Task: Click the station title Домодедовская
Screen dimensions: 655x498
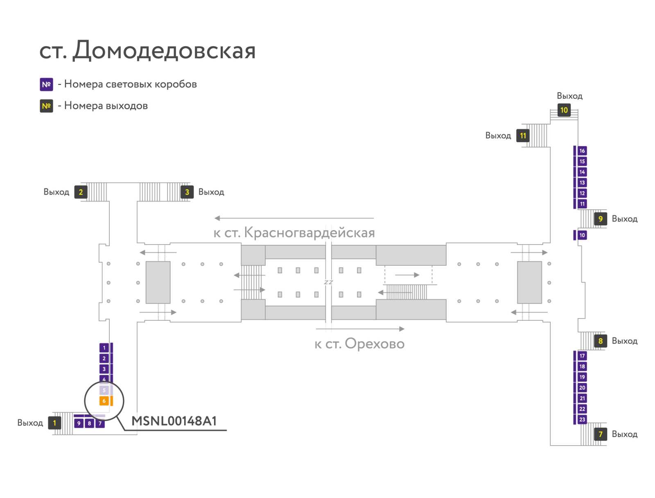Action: [x=147, y=50]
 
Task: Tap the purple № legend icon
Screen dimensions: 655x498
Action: [x=46, y=84]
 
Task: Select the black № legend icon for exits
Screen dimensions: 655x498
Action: [x=46, y=106]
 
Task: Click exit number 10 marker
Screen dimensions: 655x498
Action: [x=564, y=110]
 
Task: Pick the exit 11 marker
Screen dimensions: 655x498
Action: [x=522, y=136]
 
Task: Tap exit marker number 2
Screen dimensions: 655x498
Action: [x=81, y=192]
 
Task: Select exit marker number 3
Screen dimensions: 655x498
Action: [x=187, y=192]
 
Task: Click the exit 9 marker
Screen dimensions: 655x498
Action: [x=600, y=219]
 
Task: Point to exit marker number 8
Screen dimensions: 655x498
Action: [x=600, y=341]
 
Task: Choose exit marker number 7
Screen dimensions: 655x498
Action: [x=600, y=434]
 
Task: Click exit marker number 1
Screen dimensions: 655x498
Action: [x=54, y=423]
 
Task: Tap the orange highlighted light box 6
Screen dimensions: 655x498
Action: [x=104, y=401]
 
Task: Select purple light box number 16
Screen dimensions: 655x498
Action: [x=582, y=151]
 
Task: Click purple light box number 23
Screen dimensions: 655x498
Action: [x=582, y=419]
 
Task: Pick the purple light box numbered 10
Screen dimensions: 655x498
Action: [x=582, y=235]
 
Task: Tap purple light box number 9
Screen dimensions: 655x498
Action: [x=79, y=423]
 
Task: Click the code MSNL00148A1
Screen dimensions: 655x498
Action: [x=174, y=421]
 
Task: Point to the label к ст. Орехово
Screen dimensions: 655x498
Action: [x=359, y=344]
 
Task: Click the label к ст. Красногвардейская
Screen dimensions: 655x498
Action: [x=294, y=233]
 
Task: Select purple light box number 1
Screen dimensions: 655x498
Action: [x=104, y=348]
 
